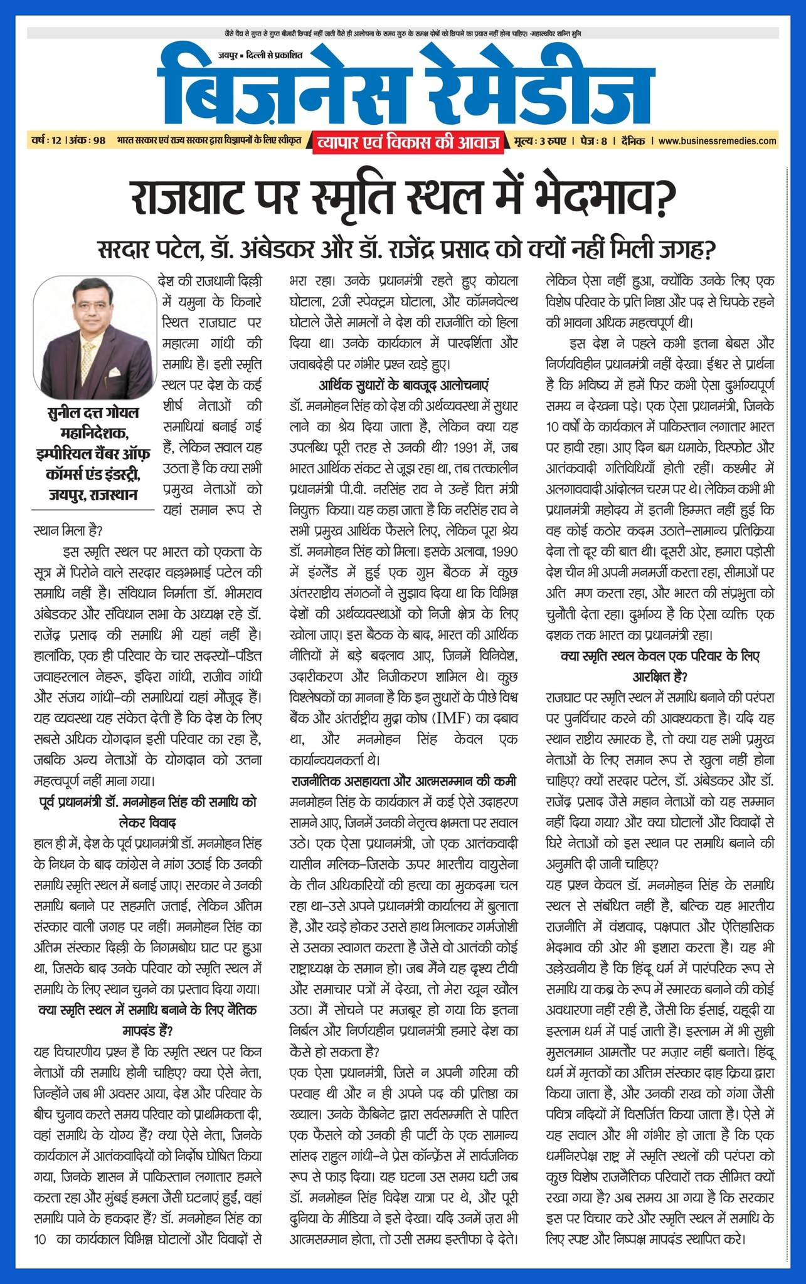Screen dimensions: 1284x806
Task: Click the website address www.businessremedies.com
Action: point(718,141)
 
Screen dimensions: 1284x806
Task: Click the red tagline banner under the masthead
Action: point(408,144)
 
